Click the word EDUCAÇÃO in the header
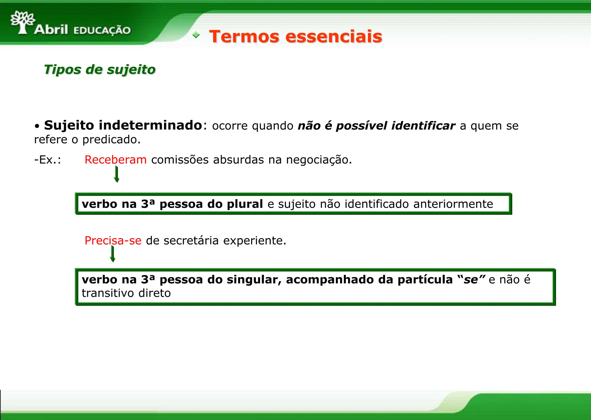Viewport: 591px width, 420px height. click(x=102, y=30)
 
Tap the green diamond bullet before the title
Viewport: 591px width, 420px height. click(x=196, y=35)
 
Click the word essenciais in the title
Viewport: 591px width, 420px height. click(x=334, y=37)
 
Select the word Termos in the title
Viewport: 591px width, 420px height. click(x=244, y=37)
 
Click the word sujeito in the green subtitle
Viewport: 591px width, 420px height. click(x=131, y=70)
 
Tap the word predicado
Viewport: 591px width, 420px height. click(x=111, y=140)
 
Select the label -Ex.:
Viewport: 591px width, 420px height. click(x=48, y=160)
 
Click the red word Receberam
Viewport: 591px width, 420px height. click(x=115, y=160)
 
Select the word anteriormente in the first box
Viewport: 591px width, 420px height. click(x=453, y=204)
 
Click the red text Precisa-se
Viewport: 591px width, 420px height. click(x=113, y=240)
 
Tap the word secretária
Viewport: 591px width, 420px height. click(x=191, y=240)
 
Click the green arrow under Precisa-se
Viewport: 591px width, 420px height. click(x=113, y=254)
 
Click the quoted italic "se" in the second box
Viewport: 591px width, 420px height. click(x=471, y=280)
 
